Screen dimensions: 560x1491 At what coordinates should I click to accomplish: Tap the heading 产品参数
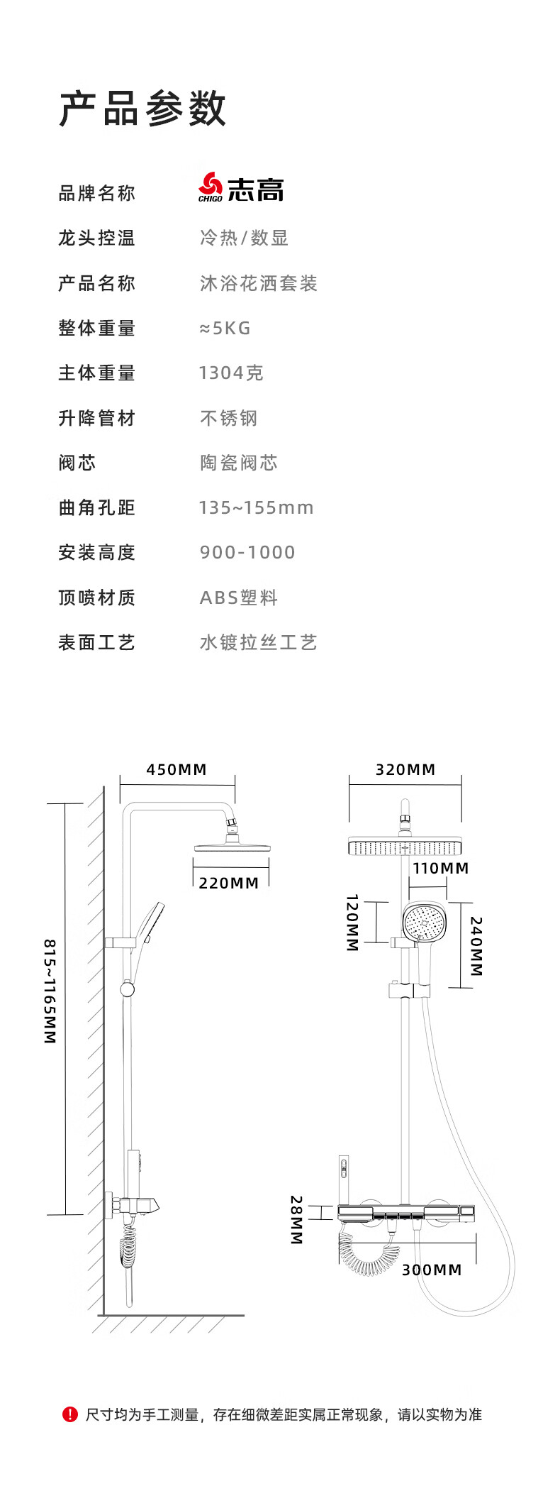(x=142, y=109)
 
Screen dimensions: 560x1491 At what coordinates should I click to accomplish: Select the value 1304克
(x=231, y=373)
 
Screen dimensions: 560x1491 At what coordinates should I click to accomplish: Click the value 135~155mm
(x=256, y=507)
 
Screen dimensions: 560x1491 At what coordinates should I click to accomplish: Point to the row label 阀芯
(x=77, y=463)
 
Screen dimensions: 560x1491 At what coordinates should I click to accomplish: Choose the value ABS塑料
(x=239, y=598)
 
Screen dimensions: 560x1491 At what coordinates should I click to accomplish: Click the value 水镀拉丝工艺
(x=258, y=642)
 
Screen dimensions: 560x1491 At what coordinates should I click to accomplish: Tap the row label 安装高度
(x=96, y=552)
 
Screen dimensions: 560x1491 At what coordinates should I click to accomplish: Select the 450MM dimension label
(x=177, y=769)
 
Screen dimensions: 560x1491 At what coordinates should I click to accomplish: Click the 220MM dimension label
(x=229, y=883)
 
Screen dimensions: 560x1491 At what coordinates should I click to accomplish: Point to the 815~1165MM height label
(x=50, y=991)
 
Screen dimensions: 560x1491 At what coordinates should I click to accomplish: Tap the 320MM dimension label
(x=405, y=769)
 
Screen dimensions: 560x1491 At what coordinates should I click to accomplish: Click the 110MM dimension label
(x=441, y=868)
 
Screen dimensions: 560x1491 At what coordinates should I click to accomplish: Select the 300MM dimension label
(x=432, y=1270)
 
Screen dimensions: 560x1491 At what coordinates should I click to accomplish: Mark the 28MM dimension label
(x=296, y=1219)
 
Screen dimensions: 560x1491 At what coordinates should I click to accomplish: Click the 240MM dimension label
(x=476, y=946)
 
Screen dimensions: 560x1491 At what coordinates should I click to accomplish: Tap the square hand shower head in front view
(x=424, y=923)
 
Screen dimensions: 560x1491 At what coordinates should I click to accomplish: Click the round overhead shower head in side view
(x=233, y=845)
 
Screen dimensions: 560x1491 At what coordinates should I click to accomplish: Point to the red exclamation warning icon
(x=69, y=1414)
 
